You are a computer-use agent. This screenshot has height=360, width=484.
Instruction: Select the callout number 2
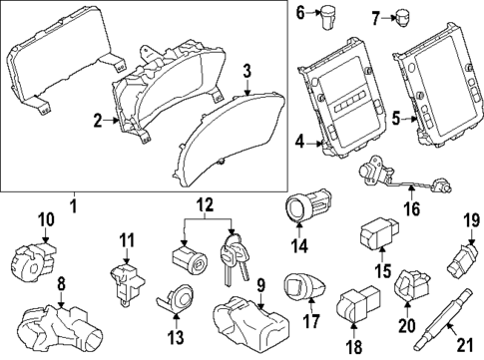(x=98, y=122)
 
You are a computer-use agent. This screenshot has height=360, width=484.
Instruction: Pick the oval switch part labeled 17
(x=302, y=287)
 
